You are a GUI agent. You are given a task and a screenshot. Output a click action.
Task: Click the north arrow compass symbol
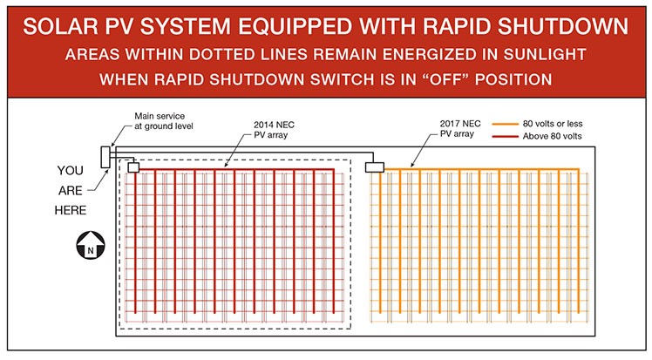91,245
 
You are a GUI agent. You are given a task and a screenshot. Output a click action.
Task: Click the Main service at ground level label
163,121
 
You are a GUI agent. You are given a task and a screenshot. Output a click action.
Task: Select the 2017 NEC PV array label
460,128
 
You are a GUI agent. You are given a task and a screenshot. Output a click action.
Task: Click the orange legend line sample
505,124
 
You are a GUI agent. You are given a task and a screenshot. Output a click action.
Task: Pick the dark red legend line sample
505,136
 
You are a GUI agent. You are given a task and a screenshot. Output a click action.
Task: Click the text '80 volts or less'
553,124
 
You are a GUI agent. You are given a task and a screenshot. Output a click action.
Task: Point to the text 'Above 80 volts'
553,136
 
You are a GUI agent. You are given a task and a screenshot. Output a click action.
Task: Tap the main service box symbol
105,157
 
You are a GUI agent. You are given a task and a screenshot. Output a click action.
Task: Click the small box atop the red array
133,167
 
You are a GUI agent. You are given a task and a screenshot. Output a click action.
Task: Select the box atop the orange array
375,167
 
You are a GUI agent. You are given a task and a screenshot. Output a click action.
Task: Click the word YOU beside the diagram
71,171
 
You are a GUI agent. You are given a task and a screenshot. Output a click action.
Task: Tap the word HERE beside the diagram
71,210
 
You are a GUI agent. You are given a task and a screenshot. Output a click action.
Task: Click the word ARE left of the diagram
71,190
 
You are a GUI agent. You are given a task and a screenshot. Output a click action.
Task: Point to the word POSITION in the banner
513,79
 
